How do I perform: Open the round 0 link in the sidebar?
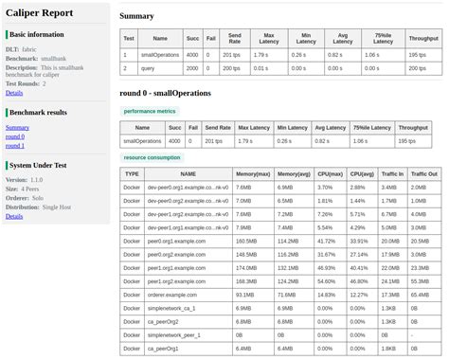(15, 136)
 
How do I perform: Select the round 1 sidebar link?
(15, 146)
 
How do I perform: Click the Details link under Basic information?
(14, 93)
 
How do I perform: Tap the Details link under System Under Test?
(14, 216)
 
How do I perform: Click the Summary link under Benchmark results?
(17, 127)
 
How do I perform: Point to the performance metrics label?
(151, 111)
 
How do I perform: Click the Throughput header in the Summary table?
(422, 39)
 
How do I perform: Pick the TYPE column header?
(133, 174)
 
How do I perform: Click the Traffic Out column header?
(422, 174)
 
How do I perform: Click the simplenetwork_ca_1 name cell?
(170, 308)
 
